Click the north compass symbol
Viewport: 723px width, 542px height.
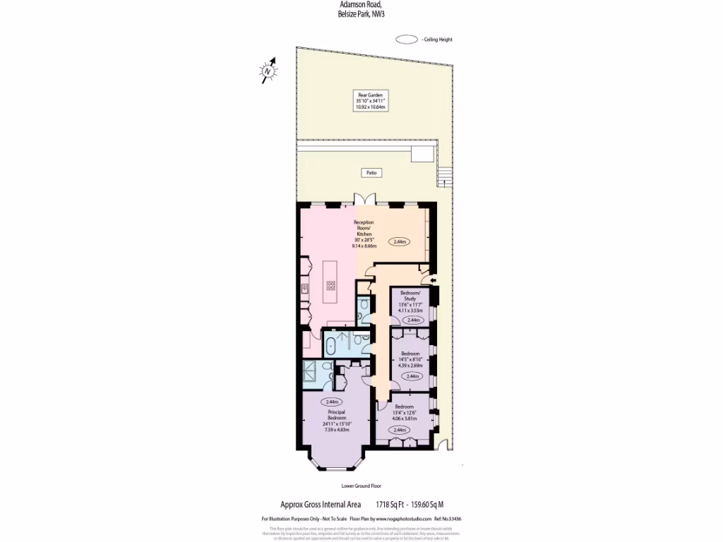(x=268, y=71)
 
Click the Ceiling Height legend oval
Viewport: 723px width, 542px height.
(x=407, y=40)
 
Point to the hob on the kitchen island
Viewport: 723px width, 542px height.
(x=330, y=285)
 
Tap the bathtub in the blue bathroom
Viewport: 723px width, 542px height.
(x=330, y=346)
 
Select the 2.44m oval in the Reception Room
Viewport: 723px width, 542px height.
(x=400, y=242)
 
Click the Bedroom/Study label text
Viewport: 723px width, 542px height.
(x=410, y=296)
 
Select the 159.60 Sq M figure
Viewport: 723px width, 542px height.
(x=427, y=505)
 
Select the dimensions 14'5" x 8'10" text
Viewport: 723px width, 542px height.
(x=410, y=359)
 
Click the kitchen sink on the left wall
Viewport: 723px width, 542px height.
(x=306, y=287)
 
